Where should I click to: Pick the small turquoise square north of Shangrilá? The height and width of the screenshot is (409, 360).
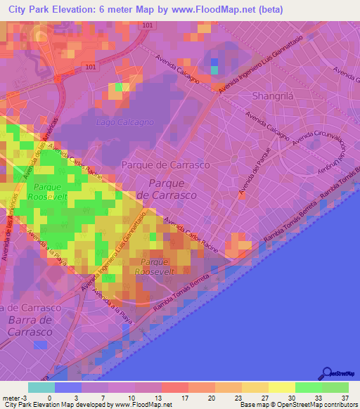coord(214,69)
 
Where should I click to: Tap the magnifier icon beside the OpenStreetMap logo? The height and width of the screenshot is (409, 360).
coord(327,374)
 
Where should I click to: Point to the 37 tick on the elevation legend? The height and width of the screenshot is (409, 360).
coord(345,397)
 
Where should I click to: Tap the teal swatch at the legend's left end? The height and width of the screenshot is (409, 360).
coord(41,387)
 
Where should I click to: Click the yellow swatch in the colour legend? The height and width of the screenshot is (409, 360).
coord(281,387)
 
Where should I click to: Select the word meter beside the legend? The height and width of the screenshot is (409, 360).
coord(11,397)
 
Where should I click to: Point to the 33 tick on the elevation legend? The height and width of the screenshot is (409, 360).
coord(319,397)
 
